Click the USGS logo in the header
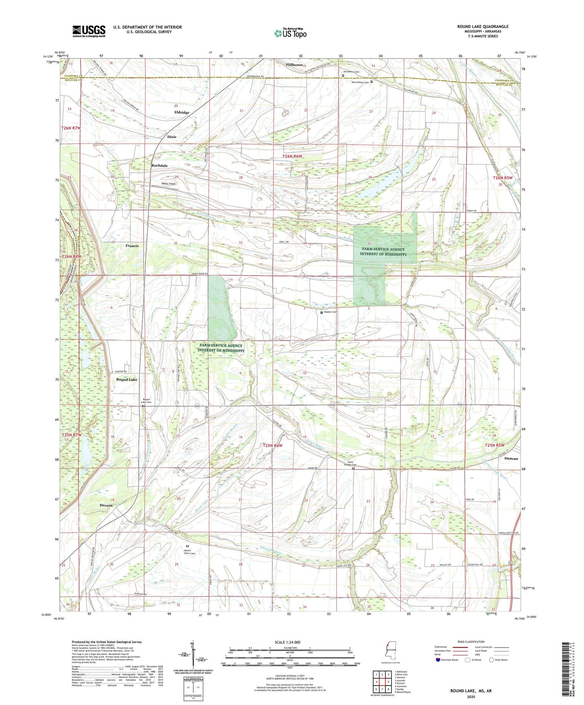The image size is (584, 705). (x=89, y=31)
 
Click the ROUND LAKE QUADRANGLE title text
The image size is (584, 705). (x=483, y=27)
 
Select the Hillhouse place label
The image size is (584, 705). (x=294, y=65)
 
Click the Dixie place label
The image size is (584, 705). (x=172, y=137)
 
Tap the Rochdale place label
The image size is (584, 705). (x=159, y=166)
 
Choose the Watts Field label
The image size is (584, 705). (x=158, y=184)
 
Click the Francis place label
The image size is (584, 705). (x=132, y=245)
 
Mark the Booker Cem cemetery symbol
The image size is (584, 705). (x=322, y=312)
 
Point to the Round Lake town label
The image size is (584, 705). (x=126, y=380)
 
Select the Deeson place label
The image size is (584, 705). (x=106, y=505)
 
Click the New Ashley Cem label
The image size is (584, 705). (x=360, y=82)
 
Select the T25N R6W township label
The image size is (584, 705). (x=272, y=446)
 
